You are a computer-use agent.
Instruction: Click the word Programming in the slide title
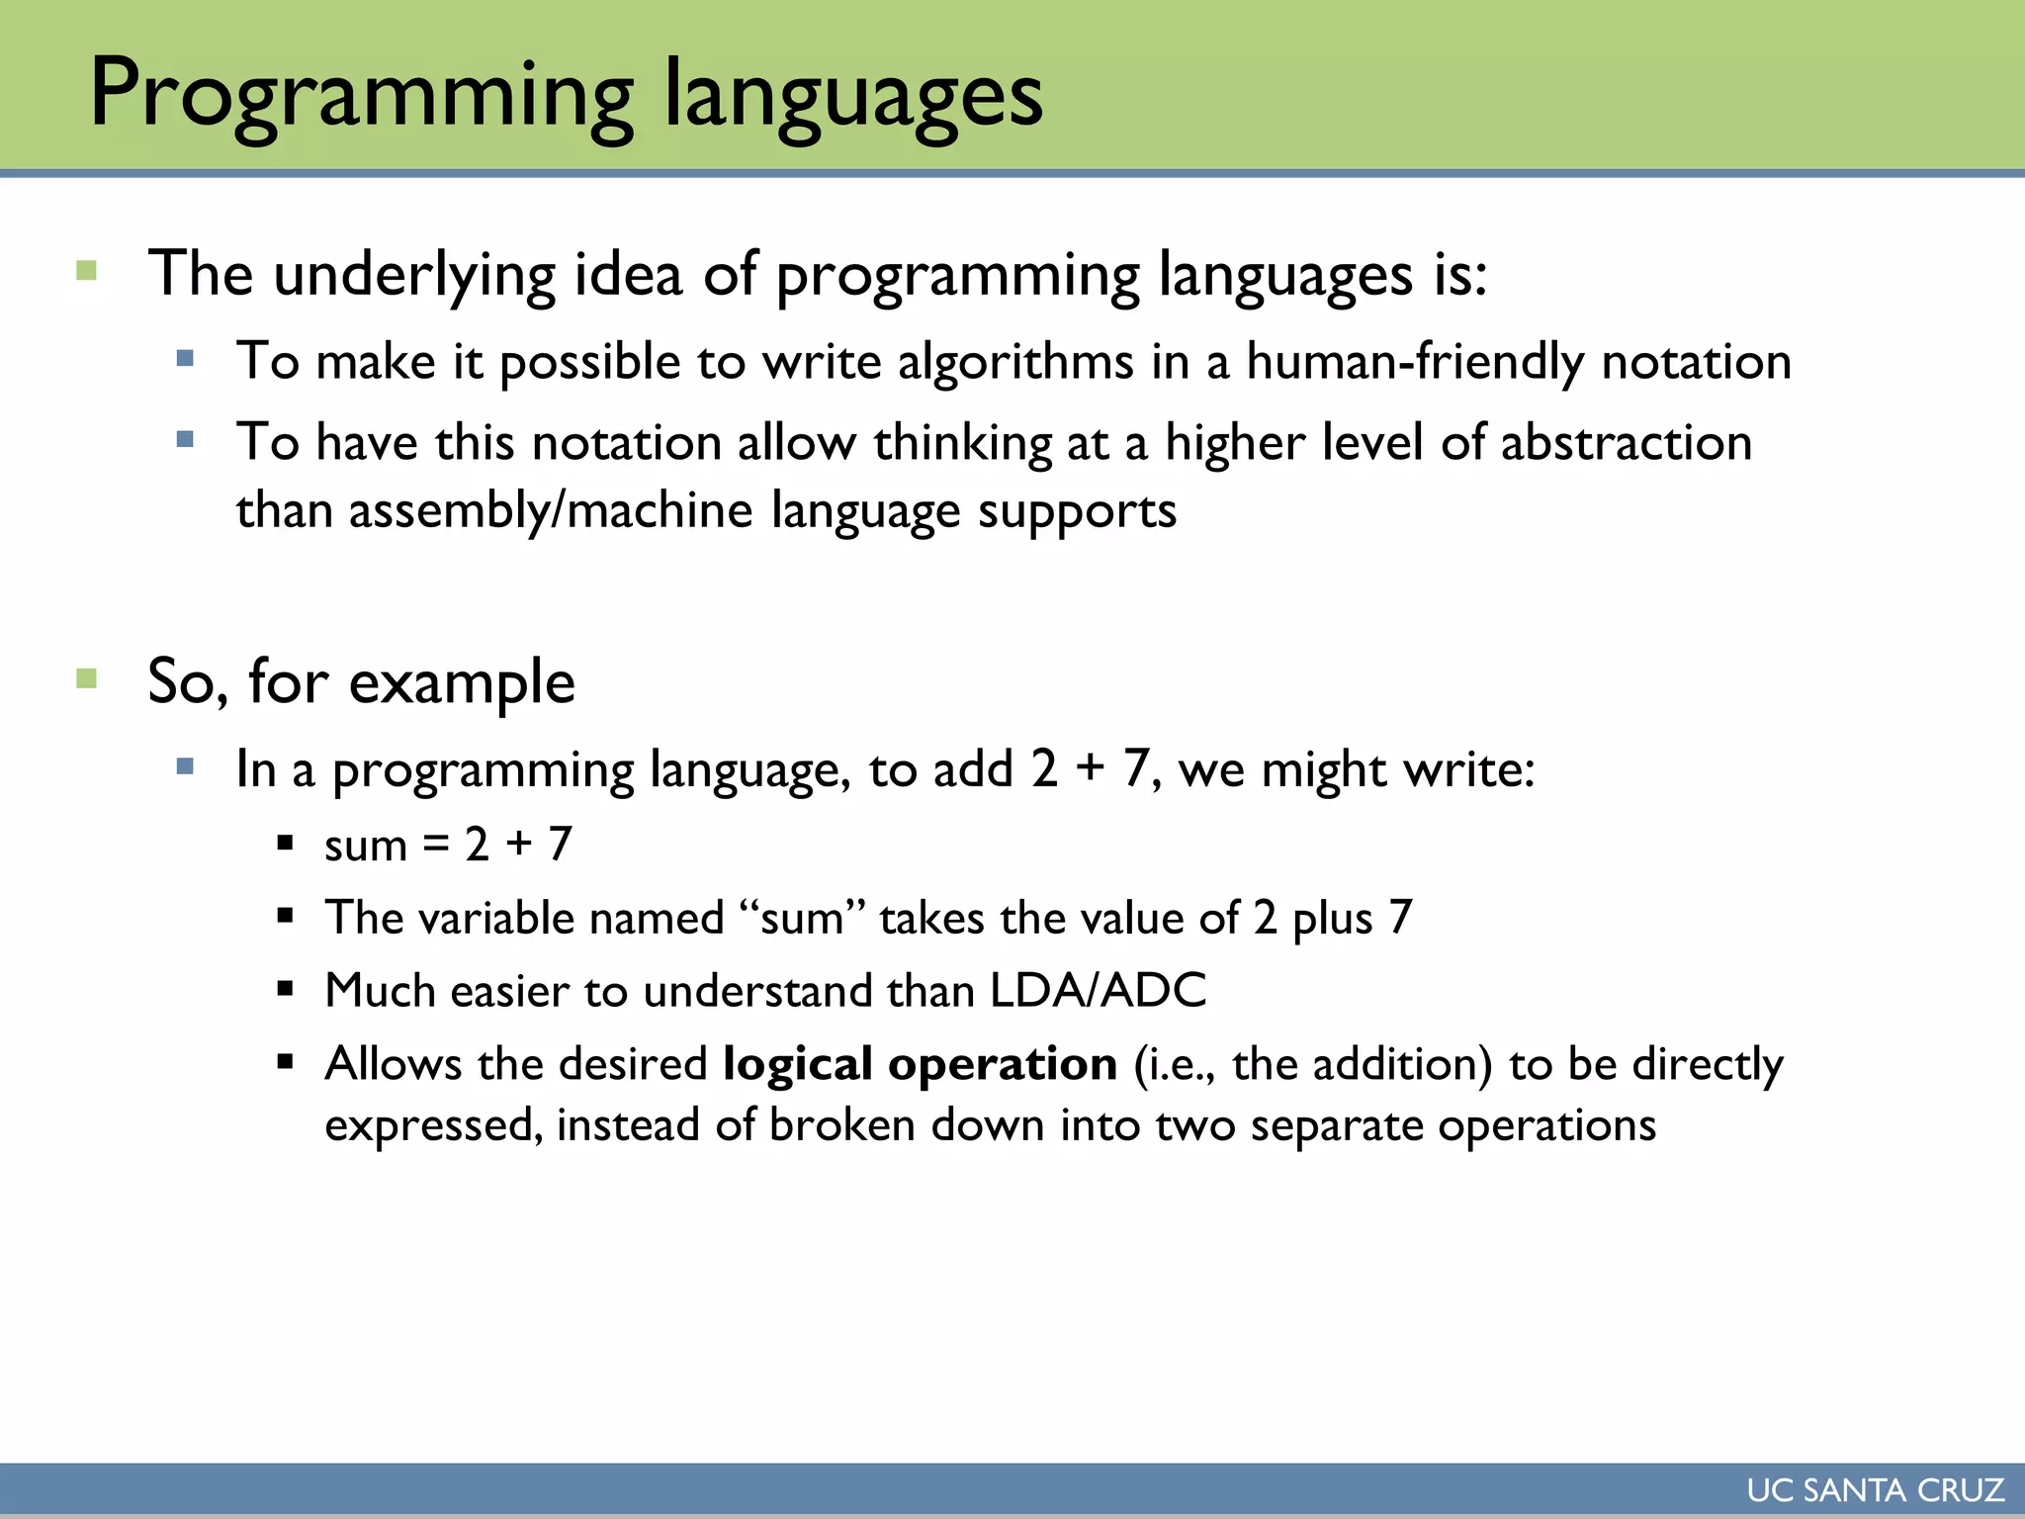tap(361, 96)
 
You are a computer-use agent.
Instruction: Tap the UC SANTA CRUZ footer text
tap(1875, 1490)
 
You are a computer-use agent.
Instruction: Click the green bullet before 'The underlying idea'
tap(87, 271)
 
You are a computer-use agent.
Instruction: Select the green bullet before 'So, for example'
tap(87, 678)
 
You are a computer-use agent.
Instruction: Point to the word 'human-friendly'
tap(1414, 361)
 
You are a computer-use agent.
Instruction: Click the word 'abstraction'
tap(1626, 442)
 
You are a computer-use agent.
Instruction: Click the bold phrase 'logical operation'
tap(920, 1064)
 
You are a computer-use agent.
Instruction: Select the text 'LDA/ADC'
tap(1098, 990)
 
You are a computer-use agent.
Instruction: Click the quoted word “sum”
tap(802, 918)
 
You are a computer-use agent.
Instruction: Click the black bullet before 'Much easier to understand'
tap(286, 988)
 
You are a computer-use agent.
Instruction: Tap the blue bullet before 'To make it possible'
tap(185, 358)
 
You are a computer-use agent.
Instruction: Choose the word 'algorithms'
tap(1015, 361)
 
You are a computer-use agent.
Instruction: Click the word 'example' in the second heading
tap(462, 682)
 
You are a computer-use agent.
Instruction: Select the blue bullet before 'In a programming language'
tap(185, 766)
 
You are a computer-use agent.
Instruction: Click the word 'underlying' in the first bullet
tap(414, 275)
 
